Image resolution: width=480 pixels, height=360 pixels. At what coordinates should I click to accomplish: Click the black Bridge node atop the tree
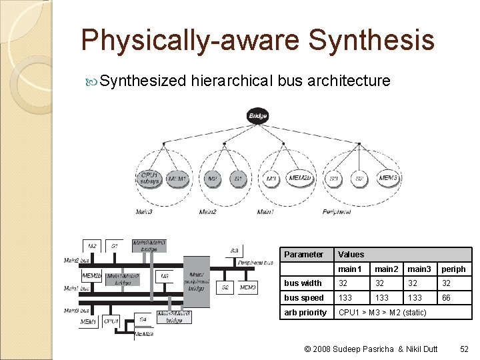257,116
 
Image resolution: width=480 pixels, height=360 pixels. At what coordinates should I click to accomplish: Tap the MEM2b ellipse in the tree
299,178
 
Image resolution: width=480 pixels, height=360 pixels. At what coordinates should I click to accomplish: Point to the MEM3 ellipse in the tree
387,178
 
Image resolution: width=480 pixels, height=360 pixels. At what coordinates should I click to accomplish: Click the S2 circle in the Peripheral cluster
359,179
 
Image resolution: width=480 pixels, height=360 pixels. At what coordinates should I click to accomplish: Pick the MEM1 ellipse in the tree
176,179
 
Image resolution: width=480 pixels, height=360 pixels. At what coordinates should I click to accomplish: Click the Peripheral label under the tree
336,212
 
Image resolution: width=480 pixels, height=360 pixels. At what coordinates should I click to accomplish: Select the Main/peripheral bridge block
197,281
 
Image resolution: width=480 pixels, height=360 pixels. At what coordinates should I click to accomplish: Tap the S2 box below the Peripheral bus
225,287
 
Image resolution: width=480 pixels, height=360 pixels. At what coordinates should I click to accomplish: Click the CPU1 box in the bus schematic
111,321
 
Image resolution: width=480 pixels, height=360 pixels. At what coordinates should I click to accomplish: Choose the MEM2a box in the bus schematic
143,334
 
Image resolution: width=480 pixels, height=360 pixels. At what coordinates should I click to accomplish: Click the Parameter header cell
303,254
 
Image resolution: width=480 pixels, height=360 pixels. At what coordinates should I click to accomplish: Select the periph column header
454,269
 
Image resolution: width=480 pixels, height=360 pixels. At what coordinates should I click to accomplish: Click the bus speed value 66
447,298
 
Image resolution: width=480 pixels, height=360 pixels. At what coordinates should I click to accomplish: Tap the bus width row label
303,283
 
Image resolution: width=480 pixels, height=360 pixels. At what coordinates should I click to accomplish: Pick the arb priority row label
305,313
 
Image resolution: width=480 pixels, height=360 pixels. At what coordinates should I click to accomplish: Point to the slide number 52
465,349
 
